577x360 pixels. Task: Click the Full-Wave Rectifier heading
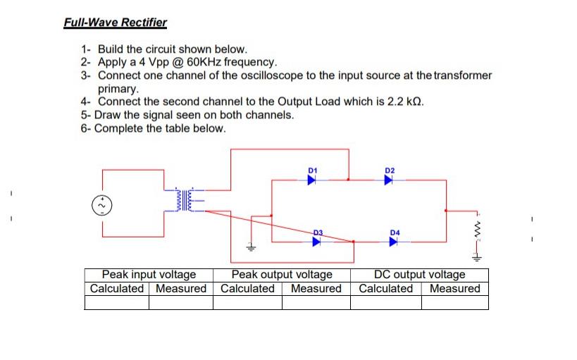[116, 22]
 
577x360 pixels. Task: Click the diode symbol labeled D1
[311, 180]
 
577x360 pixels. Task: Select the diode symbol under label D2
[388, 180]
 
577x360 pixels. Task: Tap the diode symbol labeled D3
[316, 242]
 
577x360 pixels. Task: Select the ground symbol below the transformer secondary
[249, 247]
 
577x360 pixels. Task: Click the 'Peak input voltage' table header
[149, 275]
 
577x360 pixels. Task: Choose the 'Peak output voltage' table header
[282, 275]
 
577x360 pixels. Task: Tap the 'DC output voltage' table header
[420, 275]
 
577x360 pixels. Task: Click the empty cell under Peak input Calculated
[116, 302]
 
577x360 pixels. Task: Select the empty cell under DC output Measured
[454, 302]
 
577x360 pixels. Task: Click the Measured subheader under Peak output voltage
[316, 288]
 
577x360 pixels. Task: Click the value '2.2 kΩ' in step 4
[407, 101]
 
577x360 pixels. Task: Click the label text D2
[390, 170]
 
